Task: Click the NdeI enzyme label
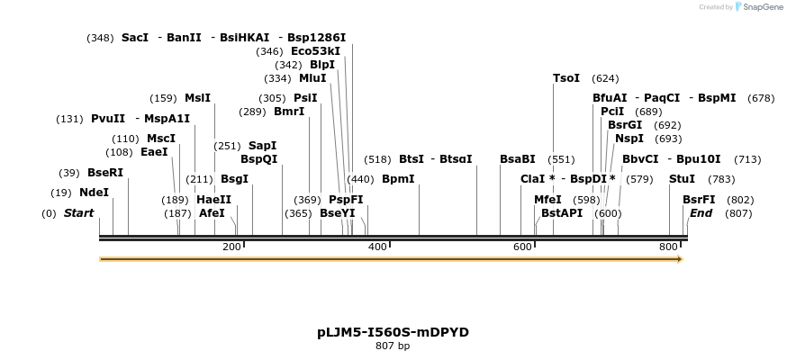94,192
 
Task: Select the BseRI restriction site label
105,172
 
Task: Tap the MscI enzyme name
161,138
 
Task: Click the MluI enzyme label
312,77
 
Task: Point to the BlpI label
321,64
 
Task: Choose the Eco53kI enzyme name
315,50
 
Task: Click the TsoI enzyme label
566,78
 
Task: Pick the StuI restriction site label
682,178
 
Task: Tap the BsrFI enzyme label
699,199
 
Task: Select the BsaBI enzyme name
518,158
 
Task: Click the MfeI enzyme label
547,199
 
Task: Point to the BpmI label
398,178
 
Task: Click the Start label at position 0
78,212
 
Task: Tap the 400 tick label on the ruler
377,246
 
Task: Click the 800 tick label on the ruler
669,246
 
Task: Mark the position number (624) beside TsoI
605,78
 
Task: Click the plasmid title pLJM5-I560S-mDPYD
393,331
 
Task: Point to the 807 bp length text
393,346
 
